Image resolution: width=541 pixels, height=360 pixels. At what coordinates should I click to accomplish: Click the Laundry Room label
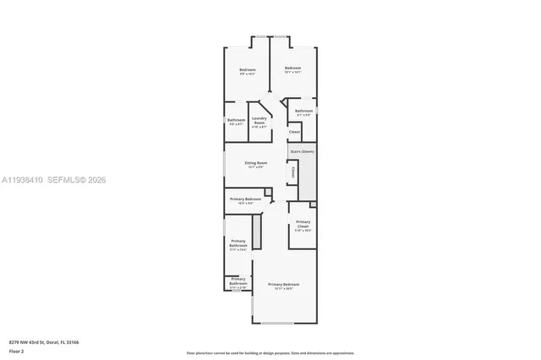259,121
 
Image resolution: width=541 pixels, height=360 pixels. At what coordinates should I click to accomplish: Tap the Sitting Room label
255,163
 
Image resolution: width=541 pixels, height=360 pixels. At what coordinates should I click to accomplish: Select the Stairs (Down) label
302,151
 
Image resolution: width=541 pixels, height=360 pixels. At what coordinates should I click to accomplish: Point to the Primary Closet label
303,223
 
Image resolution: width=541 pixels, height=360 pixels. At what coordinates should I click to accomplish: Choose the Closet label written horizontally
294,132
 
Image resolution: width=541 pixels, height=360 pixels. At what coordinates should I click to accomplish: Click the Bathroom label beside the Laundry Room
236,120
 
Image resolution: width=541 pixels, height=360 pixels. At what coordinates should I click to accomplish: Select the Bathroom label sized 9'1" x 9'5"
303,112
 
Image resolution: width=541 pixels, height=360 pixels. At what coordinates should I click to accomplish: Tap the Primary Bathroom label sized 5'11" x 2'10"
238,281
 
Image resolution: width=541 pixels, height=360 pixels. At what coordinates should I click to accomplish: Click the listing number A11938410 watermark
21,179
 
